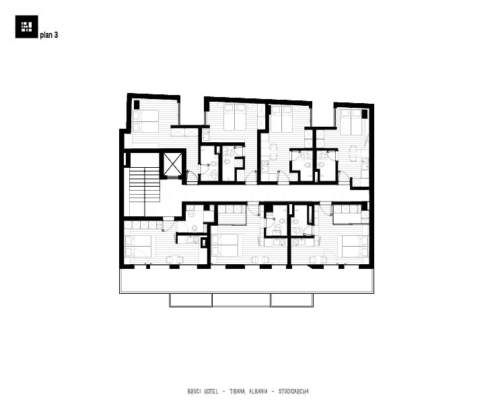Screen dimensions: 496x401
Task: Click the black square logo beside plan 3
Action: point(26,26)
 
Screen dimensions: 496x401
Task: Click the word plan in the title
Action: point(46,35)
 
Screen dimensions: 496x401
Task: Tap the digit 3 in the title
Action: point(56,34)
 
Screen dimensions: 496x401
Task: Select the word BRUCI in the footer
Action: point(194,392)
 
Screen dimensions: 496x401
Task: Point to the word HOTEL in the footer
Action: point(211,392)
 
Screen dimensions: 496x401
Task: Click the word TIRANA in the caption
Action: point(238,392)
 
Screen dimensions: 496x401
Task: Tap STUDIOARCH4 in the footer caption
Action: point(293,392)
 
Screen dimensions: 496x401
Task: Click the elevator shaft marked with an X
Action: point(173,164)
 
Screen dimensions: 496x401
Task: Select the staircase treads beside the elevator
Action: point(145,185)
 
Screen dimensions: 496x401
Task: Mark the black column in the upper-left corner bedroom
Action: point(137,104)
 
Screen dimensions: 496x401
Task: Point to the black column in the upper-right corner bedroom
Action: point(365,114)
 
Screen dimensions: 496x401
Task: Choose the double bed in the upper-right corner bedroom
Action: point(351,122)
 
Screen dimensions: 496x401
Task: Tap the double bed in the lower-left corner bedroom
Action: point(138,246)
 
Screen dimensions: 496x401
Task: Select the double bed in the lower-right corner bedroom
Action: point(355,246)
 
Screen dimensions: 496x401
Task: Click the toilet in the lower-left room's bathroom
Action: point(194,228)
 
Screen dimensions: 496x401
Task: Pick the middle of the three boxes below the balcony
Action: point(241,300)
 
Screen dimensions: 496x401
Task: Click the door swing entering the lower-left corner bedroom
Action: point(169,223)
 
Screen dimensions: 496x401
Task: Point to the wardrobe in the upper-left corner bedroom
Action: point(184,131)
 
